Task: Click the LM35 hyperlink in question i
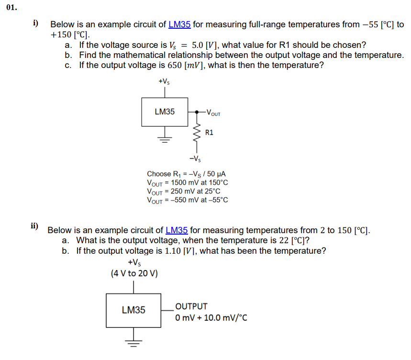(179, 24)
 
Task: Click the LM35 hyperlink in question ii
(177, 230)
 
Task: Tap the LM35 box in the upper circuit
(165, 112)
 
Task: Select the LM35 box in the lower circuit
(133, 310)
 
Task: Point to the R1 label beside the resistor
(209, 132)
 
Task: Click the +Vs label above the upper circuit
(164, 82)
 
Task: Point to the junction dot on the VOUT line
(196, 112)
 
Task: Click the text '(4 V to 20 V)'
(134, 273)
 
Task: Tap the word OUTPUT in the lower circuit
(191, 306)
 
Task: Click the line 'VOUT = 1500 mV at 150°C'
(188, 182)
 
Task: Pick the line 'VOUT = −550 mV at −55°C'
(188, 200)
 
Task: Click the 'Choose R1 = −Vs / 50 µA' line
(186, 174)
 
